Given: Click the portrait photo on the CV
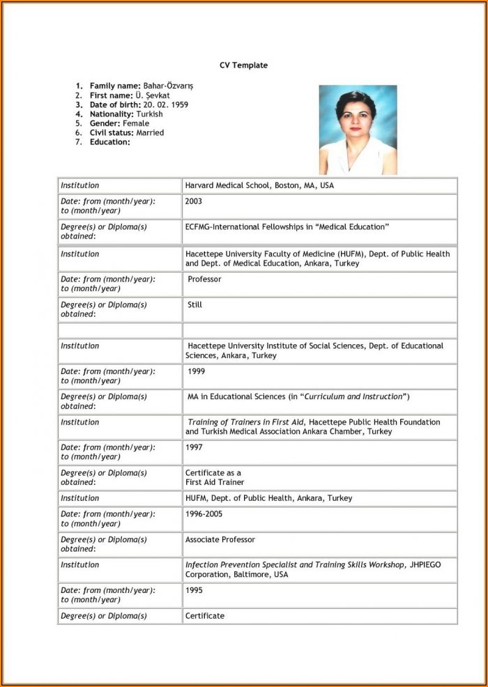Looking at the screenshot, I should tap(358, 130).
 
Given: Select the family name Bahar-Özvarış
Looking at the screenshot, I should tap(169, 86).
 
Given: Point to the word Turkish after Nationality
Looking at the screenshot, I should tap(150, 114).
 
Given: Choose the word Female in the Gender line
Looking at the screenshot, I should tap(136, 123).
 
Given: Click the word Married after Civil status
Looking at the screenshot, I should tap(150, 132).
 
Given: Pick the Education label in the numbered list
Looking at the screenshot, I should tap(109, 142).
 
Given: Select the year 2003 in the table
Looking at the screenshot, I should tap(194, 201).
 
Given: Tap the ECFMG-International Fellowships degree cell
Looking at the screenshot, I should tap(287, 227).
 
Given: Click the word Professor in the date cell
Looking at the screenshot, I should tap(204, 279).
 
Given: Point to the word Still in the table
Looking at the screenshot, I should tap(195, 305).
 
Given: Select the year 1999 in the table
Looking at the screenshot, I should tap(197, 372).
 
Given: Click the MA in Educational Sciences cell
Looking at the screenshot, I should tap(298, 397).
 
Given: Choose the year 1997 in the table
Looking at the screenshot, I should tap(194, 448).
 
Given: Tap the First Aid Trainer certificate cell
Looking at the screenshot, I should tap(215, 477).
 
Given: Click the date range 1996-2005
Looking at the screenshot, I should tap(205, 514).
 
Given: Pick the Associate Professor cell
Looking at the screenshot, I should tap(220, 540).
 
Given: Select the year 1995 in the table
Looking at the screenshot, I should tap(194, 589).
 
